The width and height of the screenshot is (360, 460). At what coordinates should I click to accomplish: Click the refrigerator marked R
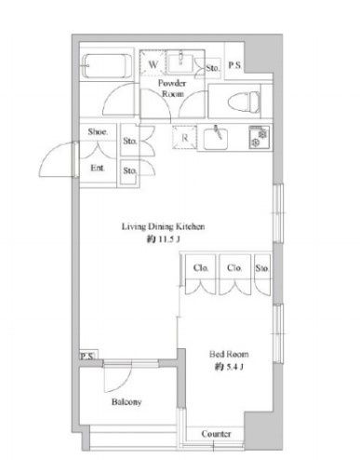tap(185, 138)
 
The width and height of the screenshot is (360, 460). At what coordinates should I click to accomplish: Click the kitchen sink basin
tap(217, 141)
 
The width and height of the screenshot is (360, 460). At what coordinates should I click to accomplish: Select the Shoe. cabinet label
tap(98, 133)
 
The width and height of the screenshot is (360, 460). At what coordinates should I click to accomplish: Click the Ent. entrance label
tap(97, 169)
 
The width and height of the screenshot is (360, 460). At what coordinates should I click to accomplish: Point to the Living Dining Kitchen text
tap(165, 226)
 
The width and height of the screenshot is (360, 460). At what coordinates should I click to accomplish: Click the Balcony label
tap(127, 401)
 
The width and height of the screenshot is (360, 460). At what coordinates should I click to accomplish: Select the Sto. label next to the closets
tap(262, 269)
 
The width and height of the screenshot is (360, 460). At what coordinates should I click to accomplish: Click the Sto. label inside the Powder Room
tap(211, 68)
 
